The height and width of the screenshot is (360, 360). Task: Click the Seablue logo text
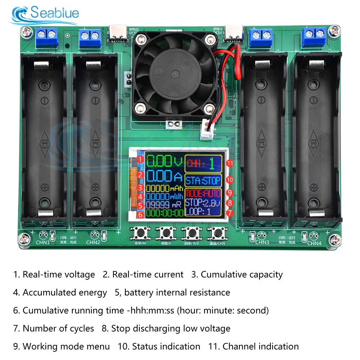pyautogui.click(x=54, y=13)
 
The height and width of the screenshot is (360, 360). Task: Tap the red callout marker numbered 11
pyautogui.click(x=230, y=163)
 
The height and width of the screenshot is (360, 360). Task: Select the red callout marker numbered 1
pyautogui.click(x=141, y=159)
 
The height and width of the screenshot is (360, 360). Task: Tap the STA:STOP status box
pyautogui.click(x=203, y=180)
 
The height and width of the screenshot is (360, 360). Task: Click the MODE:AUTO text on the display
pyautogui.click(x=203, y=193)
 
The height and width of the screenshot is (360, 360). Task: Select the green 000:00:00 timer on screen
pyautogui.click(x=165, y=213)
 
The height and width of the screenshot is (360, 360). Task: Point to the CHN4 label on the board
pyautogui.click(x=314, y=243)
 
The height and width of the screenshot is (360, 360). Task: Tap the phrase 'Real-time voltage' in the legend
pyautogui.click(x=59, y=275)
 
